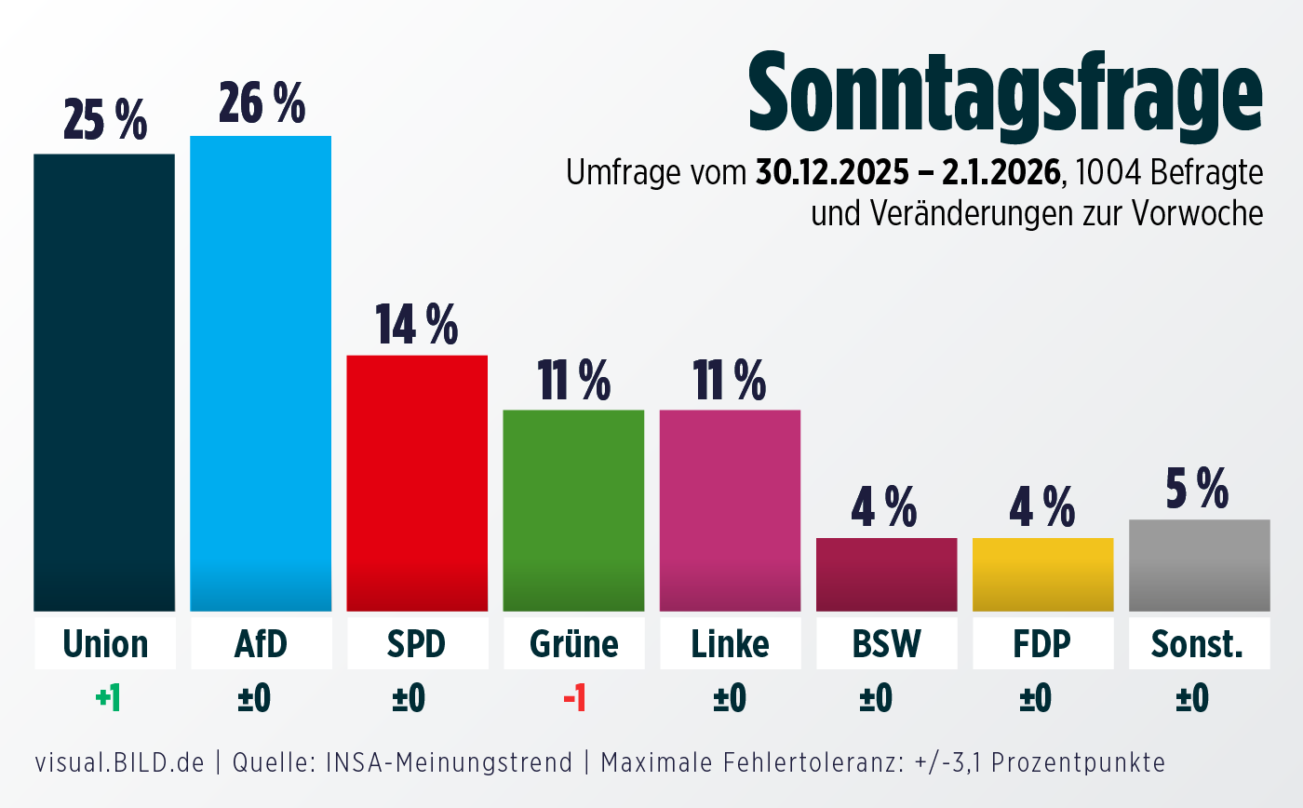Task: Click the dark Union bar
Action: (x=104, y=382)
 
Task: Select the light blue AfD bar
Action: (x=261, y=372)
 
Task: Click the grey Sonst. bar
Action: (x=1199, y=565)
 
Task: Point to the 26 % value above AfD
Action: (x=262, y=103)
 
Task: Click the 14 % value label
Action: (x=416, y=324)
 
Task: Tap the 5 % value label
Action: (x=1198, y=489)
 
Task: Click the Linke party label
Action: (x=731, y=643)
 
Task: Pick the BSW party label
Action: (x=886, y=643)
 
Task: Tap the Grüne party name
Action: (x=573, y=643)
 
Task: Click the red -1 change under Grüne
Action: (x=574, y=698)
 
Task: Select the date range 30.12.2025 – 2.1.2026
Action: (x=908, y=173)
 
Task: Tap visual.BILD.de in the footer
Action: (x=119, y=763)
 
